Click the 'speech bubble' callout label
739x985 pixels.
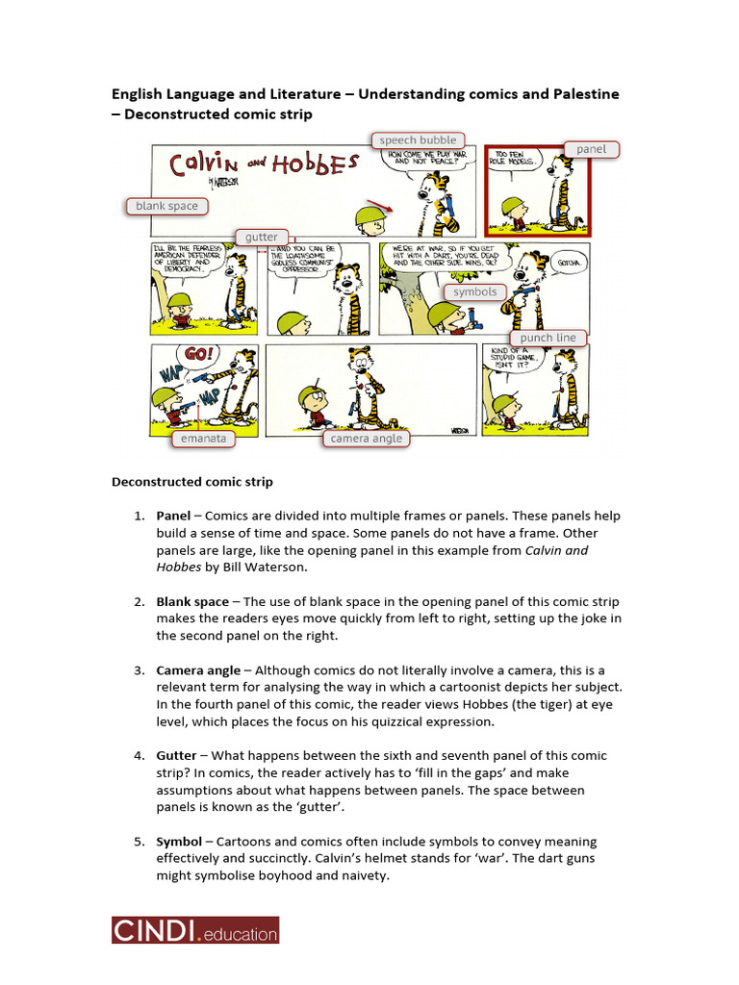coord(418,140)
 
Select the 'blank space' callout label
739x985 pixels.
coord(166,206)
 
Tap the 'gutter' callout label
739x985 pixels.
coord(261,237)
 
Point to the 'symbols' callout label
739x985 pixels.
coord(475,291)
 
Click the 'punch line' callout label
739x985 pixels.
coord(548,338)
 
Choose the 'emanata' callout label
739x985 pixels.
coord(203,439)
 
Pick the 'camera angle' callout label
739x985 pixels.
coord(366,439)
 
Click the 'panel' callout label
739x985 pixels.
coord(592,149)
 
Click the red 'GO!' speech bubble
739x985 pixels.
coord(199,355)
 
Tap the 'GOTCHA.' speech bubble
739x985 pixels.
coord(568,262)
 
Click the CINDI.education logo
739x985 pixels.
coord(195,930)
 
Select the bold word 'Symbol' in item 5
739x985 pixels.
coord(179,842)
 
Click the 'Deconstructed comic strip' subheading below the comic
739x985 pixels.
coord(192,482)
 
